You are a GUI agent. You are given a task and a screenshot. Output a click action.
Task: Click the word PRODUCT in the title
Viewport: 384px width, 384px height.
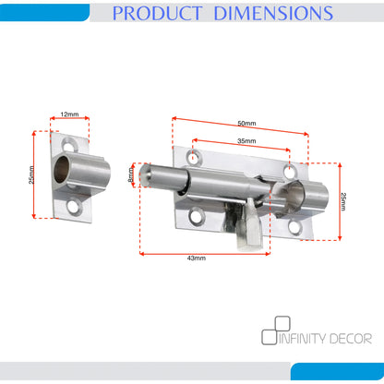coord(157,13)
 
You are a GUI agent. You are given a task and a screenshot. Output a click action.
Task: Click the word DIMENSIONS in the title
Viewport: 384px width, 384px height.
coord(273,13)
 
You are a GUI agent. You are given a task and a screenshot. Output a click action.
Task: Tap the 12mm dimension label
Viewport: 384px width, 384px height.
coord(69,114)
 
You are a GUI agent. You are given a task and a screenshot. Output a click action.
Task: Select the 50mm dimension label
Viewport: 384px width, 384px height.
coord(246,124)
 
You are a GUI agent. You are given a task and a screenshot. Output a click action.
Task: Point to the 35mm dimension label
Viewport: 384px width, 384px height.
coord(246,141)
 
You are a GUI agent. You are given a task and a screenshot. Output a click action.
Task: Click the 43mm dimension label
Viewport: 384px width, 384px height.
coord(197,258)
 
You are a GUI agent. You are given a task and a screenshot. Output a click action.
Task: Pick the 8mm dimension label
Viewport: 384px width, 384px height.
coord(131,174)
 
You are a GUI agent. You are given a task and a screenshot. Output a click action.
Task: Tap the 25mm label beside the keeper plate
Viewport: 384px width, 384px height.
coord(31,174)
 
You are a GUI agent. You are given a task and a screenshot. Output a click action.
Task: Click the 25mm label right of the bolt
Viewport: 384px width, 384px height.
coord(343,201)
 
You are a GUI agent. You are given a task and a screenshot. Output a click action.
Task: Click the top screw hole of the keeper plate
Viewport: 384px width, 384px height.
coord(68,144)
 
